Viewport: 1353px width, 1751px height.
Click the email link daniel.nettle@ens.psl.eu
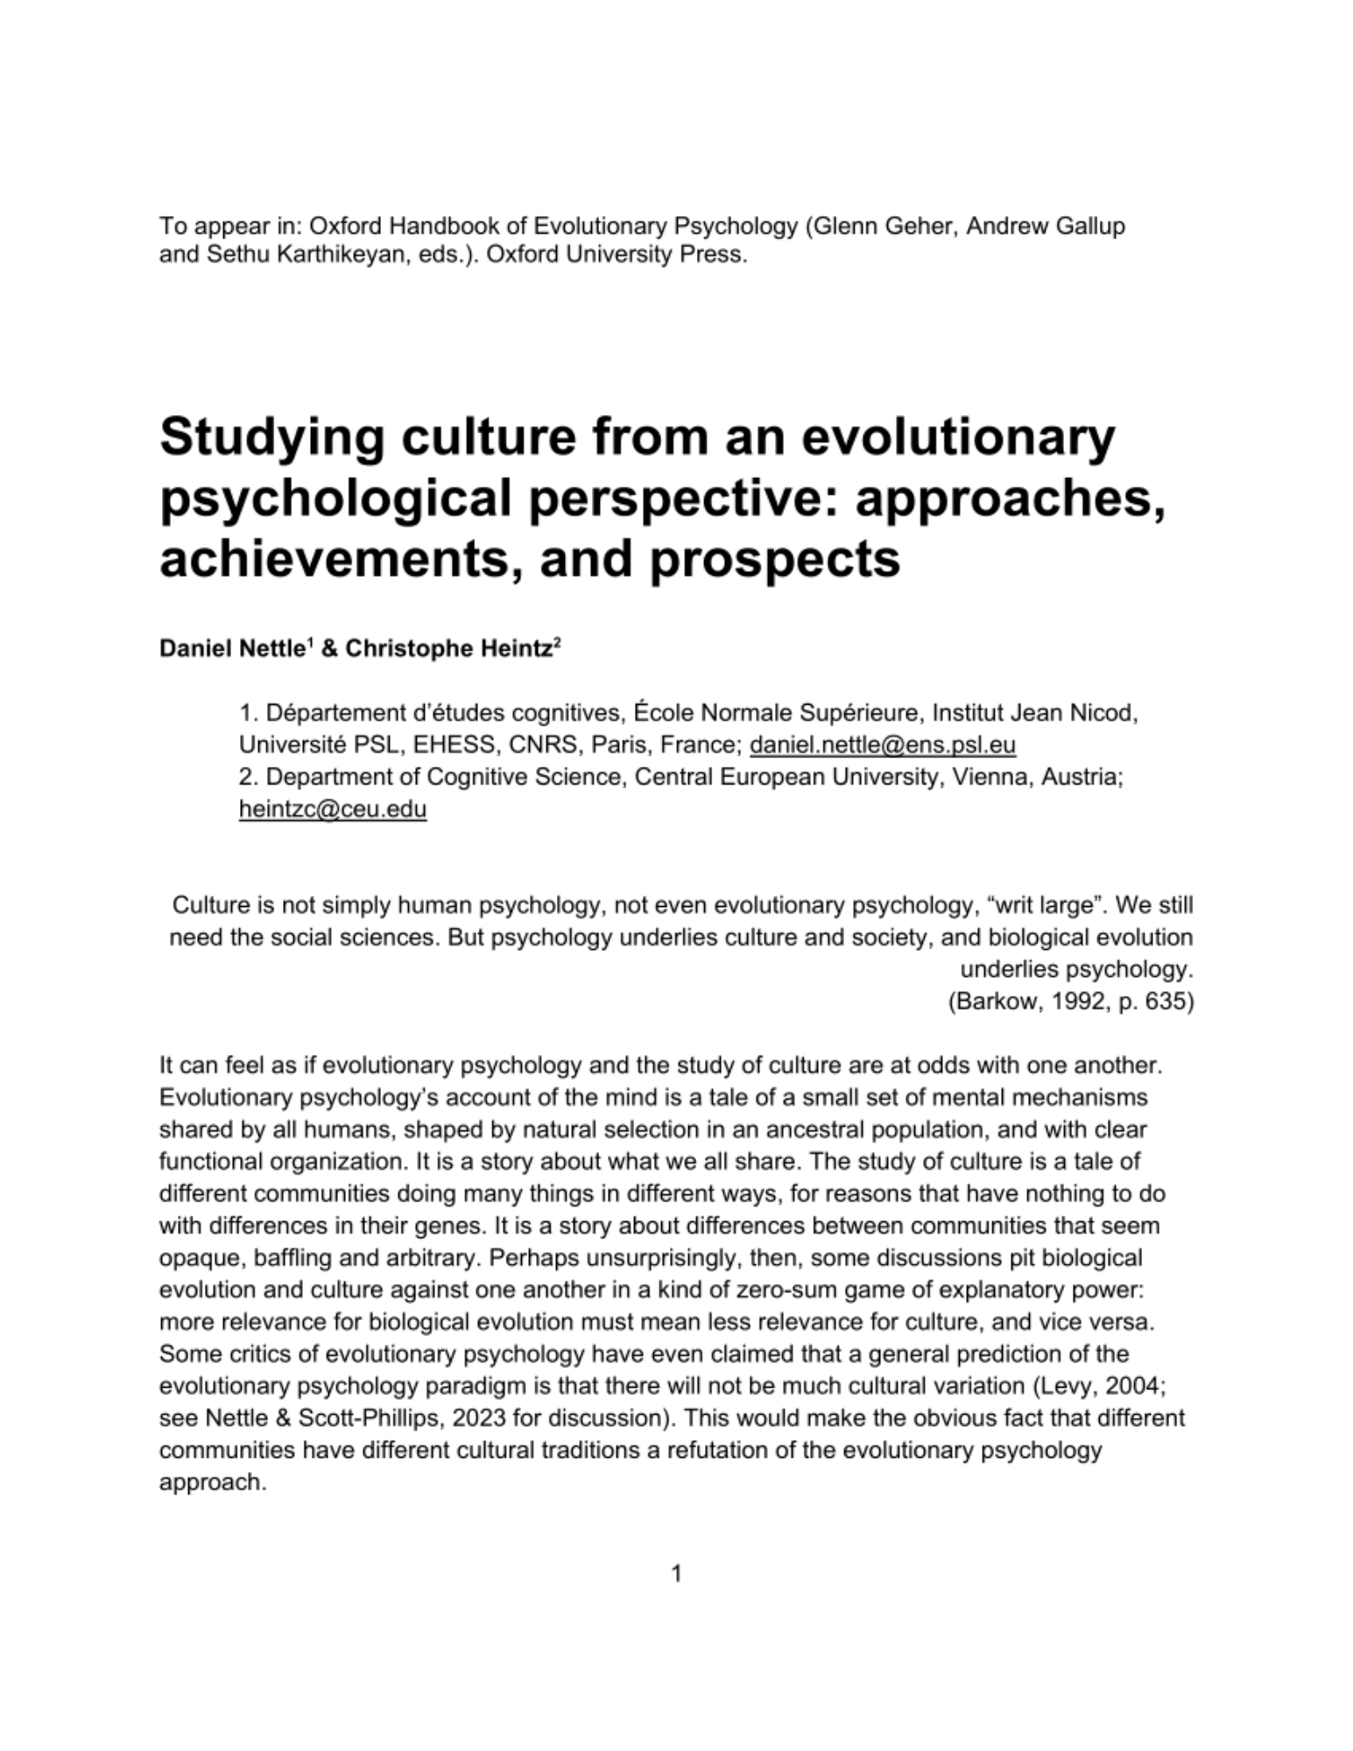(x=883, y=745)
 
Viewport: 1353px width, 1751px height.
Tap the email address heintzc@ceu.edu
(x=333, y=809)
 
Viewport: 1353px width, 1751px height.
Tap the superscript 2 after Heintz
(x=557, y=644)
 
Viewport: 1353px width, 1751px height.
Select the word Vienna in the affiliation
(x=990, y=777)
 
